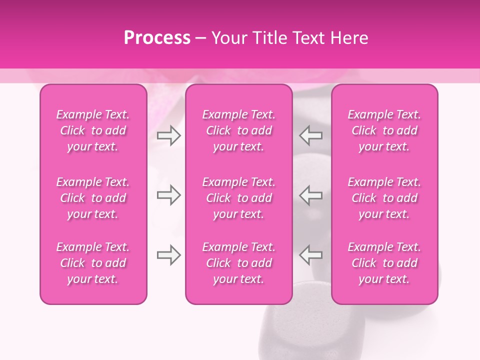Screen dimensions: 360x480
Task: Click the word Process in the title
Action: coord(157,38)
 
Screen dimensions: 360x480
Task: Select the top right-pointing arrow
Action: coord(168,135)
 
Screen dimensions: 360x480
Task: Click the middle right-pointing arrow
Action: coord(168,195)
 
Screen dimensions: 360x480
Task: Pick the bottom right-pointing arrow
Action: coord(168,255)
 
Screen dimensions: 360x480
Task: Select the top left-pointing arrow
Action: coord(311,135)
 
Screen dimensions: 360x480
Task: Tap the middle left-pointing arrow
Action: coord(311,195)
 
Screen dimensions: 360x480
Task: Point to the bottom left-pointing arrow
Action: coord(311,255)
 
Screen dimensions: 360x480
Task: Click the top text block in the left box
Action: coord(93,130)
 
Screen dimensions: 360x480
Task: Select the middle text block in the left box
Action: coord(93,198)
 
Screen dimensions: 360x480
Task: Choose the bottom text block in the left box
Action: coord(93,263)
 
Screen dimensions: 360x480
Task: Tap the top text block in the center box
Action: coord(239,130)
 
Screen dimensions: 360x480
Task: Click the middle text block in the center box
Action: coord(239,198)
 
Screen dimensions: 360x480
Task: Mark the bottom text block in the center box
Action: coord(239,263)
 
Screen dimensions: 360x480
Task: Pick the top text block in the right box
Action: coord(384,130)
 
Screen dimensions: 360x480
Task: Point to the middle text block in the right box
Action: coord(384,198)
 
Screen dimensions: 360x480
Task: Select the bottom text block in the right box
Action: coord(384,263)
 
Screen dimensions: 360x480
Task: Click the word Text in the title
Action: coord(310,38)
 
